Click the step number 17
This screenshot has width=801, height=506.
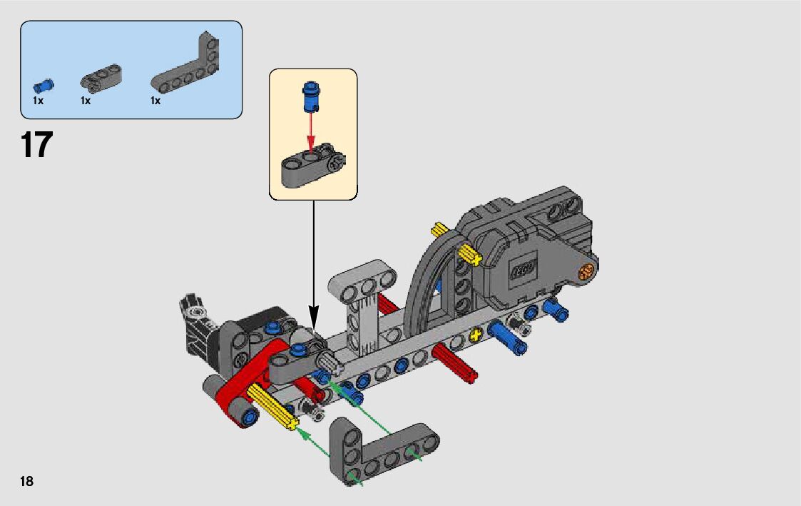click(x=37, y=145)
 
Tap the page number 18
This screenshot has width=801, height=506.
click(x=26, y=481)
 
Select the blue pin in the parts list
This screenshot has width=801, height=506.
click(x=44, y=86)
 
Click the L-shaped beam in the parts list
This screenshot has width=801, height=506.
click(x=185, y=62)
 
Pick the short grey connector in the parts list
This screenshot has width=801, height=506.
click(x=101, y=79)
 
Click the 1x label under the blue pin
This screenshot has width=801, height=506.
click(x=39, y=101)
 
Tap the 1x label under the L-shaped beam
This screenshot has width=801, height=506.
click(x=155, y=101)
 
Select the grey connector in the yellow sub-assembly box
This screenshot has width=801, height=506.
click(x=313, y=166)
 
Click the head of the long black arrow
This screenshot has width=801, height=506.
click(x=314, y=317)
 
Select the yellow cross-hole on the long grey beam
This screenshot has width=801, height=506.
click(x=476, y=335)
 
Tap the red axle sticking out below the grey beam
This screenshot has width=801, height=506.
click(x=454, y=363)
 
